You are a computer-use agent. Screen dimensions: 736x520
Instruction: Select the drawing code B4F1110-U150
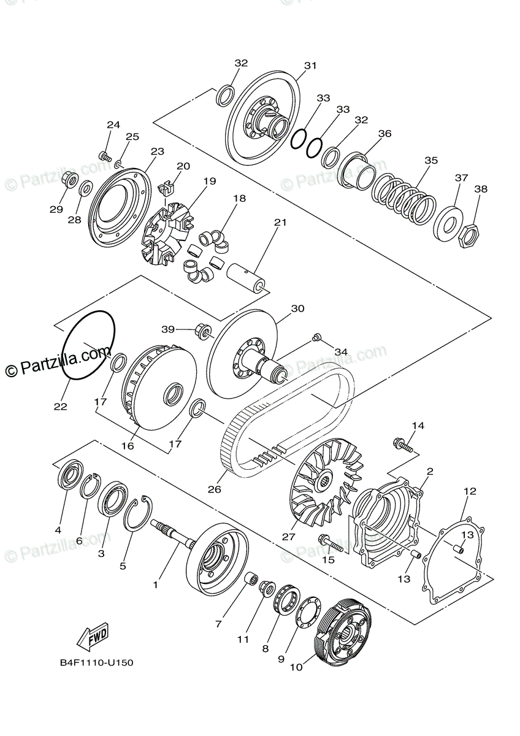pos(96,663)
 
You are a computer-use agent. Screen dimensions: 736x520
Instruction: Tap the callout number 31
pos(310,66)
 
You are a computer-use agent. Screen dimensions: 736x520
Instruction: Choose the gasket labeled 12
pos(457,558)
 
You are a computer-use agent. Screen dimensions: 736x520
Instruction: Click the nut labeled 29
pos(69,180)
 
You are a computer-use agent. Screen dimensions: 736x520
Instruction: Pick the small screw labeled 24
pos(105,156)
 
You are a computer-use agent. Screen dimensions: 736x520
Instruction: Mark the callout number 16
pos(128,447)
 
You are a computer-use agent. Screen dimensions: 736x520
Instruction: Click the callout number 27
pos(289,536)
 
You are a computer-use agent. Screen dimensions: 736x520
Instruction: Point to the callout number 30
pos(297,309)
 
